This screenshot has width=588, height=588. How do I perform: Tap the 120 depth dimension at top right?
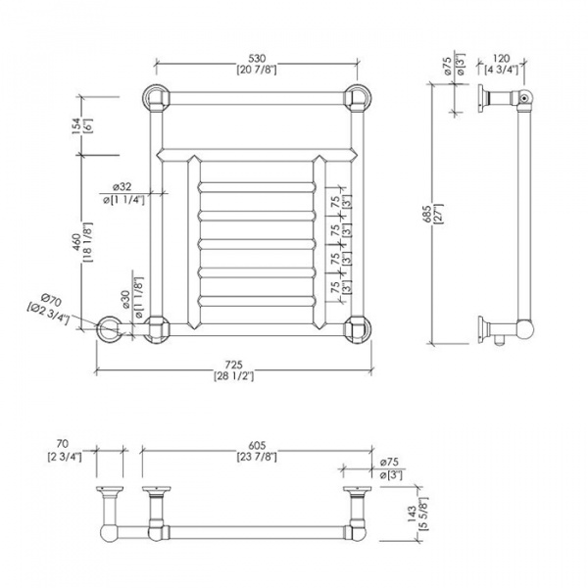(500, 58)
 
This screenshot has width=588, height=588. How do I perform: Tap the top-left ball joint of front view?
(156, 97)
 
